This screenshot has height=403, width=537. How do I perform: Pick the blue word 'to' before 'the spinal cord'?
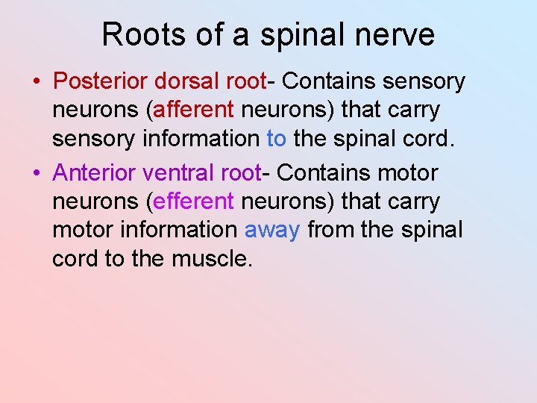[x=276, y=138]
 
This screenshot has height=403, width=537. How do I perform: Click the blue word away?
[x=272, y=231]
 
